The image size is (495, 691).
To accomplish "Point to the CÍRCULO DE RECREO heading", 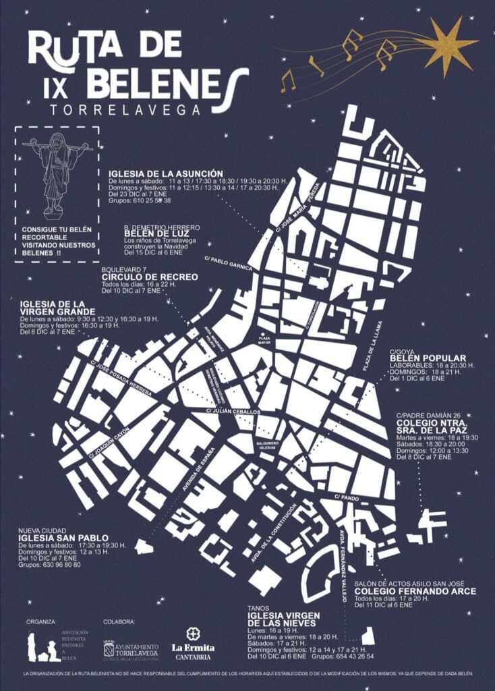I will [150, 277].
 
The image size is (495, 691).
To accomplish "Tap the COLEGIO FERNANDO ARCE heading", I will [415, 591].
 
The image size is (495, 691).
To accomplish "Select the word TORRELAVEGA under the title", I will [125, 108].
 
